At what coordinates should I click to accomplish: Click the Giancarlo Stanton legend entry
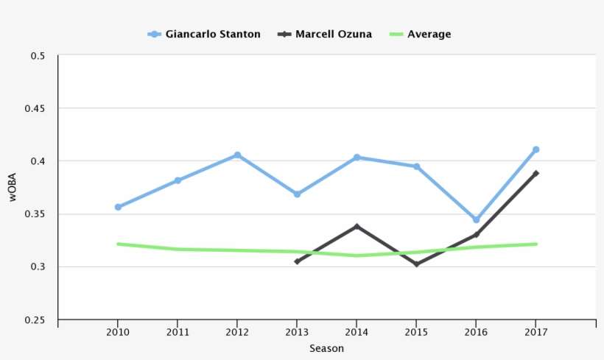pyautogui.click(x=204, y=34)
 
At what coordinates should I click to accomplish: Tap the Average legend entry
pyautogui.click(x=420, y=34)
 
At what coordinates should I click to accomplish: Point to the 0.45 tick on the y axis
pyautogui.click(x=37, y=108)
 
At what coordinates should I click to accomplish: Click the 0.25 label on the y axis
pyautogui.click(x=37, y=320)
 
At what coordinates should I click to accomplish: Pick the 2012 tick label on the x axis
pyautogui.click(x=237, y=332)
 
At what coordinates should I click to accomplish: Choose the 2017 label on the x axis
pyautogui.click(x=535, y=332)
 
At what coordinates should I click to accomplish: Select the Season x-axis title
pyautogui.click(x=326, y=348)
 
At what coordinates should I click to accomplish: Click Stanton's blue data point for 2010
pyautogui.click(x=118, y=207)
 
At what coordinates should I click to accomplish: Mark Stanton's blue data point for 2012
pyautogui.click(x=237, y=155)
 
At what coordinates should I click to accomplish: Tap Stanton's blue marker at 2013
pyautogui.click(x=297, y=194)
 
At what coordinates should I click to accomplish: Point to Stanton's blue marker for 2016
pyautogui.click(x=476, y=219)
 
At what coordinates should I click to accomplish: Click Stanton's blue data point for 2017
pyautogui.click(x=535, y=149)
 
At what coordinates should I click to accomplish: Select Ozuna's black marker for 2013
pyautogui.click(x=297, y=261)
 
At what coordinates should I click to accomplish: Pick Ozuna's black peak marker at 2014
pyautogui.click(x=357, y=226)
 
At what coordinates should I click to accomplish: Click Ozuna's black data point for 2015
pyautogui.click(x=416, y=264)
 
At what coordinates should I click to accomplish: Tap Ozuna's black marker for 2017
pyautogui.click(x=535, y=173)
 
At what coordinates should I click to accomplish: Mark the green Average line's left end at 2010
pyautogui.click(x=118, y=244)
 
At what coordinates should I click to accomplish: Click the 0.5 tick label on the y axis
pyautogui.click(x=39, y=56)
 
